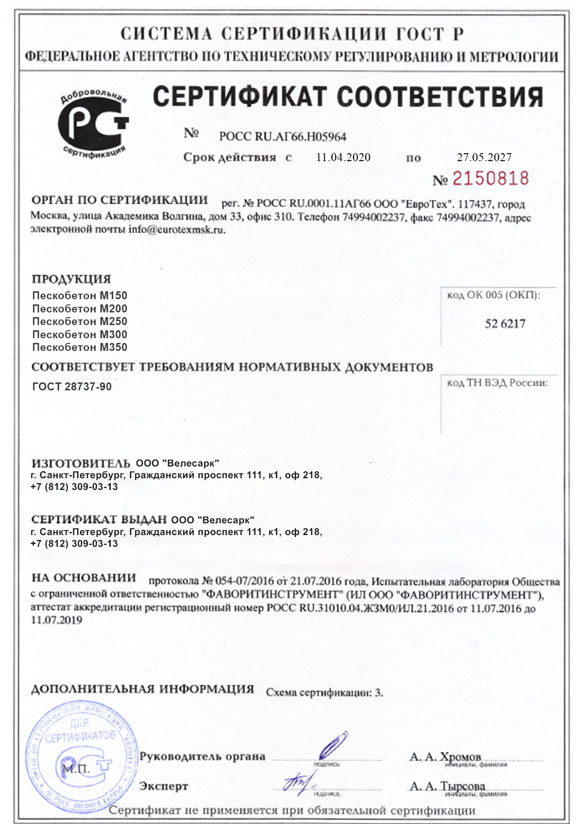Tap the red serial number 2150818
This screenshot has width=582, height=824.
point(490,179)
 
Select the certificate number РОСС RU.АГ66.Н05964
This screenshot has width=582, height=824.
point(283,137)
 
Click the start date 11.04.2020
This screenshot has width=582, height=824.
point(343,157)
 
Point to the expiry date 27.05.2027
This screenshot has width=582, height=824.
point(484,157)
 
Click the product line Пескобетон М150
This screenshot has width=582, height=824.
point(80,295)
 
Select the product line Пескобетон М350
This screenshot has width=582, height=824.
point(80,347)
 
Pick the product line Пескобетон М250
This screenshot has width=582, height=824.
point(80,321)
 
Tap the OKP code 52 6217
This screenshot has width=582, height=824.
point(505,324)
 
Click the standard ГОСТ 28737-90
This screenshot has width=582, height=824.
point(72,387)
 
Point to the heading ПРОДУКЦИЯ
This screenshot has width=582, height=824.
point(71,279)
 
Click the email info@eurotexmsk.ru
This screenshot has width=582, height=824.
point(177,230)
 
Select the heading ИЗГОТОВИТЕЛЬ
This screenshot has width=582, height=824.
point(81,463)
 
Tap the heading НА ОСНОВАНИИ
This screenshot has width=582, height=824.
point(84,577)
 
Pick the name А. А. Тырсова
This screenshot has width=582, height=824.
point(447,786)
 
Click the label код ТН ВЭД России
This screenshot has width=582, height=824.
point(497,383)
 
